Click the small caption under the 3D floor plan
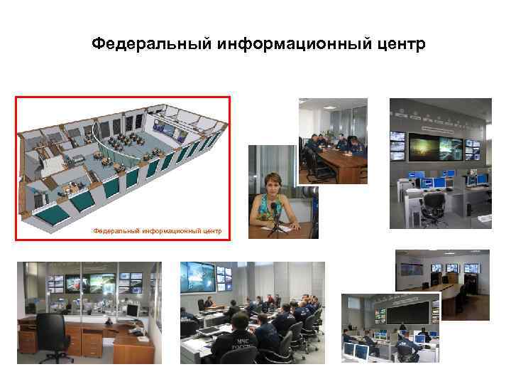(x=158, y=230)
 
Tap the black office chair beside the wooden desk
(x=51, y=334)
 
